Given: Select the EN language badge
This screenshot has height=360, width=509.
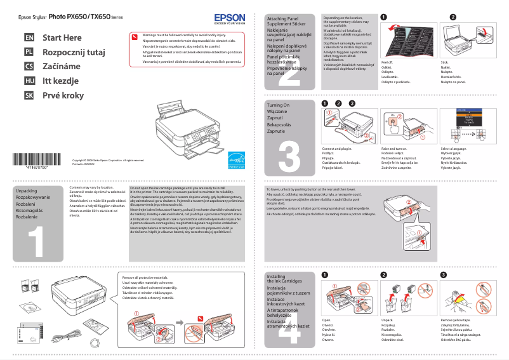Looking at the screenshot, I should tap(29, 38).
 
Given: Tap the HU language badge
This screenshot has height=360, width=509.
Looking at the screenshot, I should tap(29, 81).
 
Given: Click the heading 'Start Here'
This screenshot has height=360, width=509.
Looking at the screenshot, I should tap(62, 38).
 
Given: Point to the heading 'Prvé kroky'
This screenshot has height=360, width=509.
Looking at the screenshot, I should tap(63, 95).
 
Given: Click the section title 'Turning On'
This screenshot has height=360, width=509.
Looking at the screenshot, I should tap(278, 105).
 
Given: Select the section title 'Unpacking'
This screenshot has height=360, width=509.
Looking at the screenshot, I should tap(26, 190).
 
